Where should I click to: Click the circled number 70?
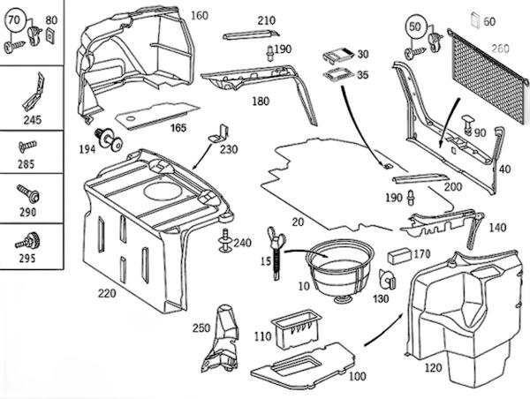[x=14, y=20]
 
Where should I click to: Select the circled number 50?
[x=415, y=26]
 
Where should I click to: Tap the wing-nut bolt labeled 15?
[x=276, y=252]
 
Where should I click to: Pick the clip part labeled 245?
[x=34, y=92]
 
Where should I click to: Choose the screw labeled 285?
[x=27, y=147]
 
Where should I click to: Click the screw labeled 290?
[x=28, y=193]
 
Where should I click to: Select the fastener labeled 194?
[x=109, y=139]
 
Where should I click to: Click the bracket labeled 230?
[x=218, y=132]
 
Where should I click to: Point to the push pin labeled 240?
[x=224, y=241]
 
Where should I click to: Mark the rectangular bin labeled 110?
[x=297, y=329]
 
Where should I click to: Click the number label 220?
[x=107, y=293]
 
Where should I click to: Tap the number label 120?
[x=434, y=367]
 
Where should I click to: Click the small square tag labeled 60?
[x=475, y=20]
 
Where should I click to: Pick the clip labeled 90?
[x=468, y=124]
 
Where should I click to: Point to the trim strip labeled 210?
[x=251, y=34]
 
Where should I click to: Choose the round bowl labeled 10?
[x=339, y=272]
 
